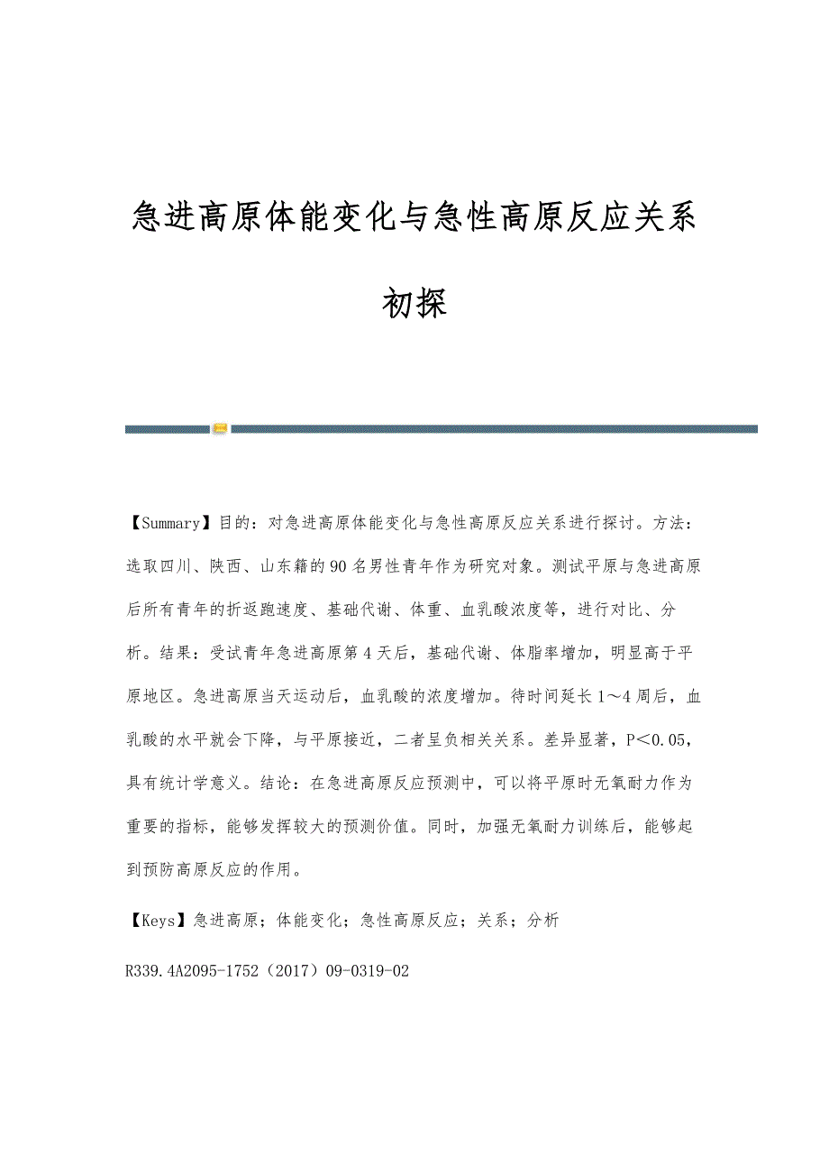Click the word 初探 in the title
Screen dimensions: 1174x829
pyautogui.click(x=414, y=304)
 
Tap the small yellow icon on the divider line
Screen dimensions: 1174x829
pyautogui.click(x=220, y=429)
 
